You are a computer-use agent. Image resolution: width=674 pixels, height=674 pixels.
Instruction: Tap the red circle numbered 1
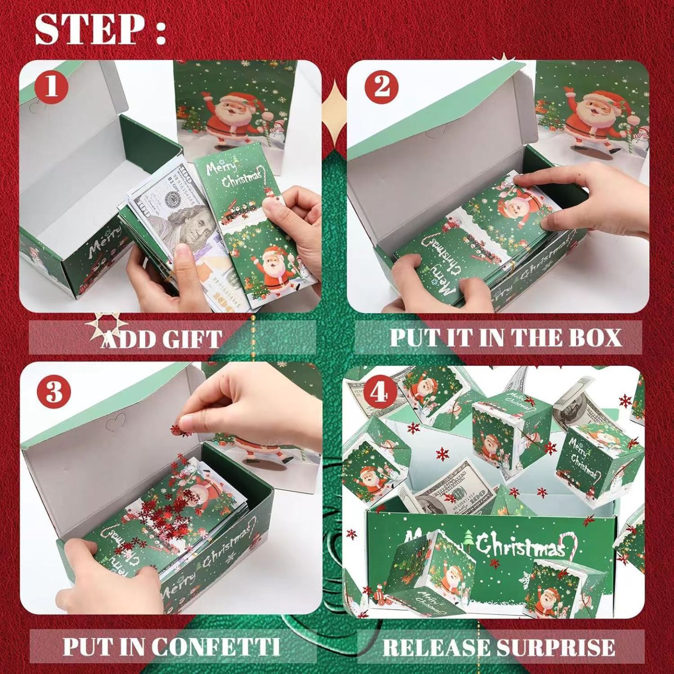(x=51, y=86)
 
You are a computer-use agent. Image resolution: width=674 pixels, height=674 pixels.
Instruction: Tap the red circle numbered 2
(x=382, y=86)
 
